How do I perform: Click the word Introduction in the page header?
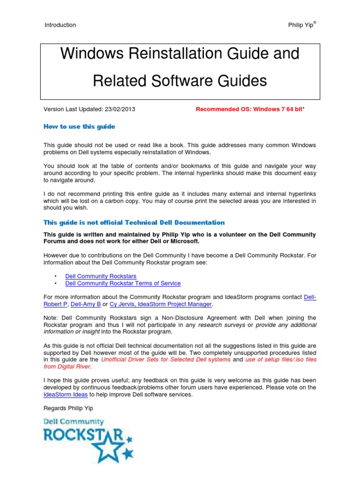[x=60, y=25]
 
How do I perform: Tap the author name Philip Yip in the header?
[x=300, y=25]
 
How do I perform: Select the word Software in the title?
[x=187, y=81]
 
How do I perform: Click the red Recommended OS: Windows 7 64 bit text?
[x=249, y=110]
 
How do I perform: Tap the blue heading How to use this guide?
[x=79, y=127]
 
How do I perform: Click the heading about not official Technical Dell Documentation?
[x=134, y=223]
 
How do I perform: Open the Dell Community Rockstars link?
[x=101, y=277]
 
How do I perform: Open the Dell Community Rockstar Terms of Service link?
[x=123, y=284]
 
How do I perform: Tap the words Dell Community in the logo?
[x=74, y=422]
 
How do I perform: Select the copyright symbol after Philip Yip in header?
[x=315, y=22]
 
